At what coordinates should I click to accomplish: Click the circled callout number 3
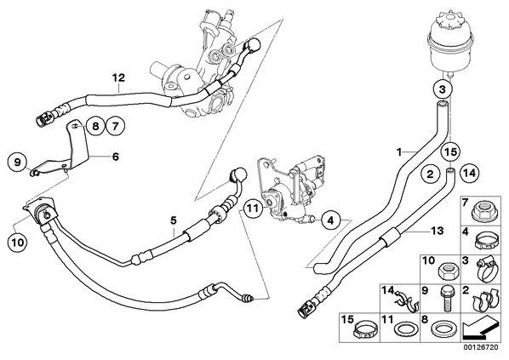(442, 89)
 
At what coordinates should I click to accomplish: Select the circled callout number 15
(451, 152)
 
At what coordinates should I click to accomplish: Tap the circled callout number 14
(470, 174)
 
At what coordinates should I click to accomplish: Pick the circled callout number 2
(431, 174)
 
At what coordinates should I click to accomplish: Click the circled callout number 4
(330, 220)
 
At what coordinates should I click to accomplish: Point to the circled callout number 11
(254, 208)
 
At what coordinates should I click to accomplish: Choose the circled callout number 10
(19, 243)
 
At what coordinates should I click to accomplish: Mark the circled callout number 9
(18, 162)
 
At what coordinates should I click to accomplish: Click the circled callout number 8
(95, 126)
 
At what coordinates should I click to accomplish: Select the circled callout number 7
(116, 126)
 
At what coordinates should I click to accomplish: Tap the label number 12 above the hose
(119, 78)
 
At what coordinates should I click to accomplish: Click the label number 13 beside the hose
(437, 231)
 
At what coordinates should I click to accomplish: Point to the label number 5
(174, 221)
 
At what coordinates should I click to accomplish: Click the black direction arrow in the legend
(480, 329)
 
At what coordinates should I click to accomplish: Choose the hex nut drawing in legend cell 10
(448, 271)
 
